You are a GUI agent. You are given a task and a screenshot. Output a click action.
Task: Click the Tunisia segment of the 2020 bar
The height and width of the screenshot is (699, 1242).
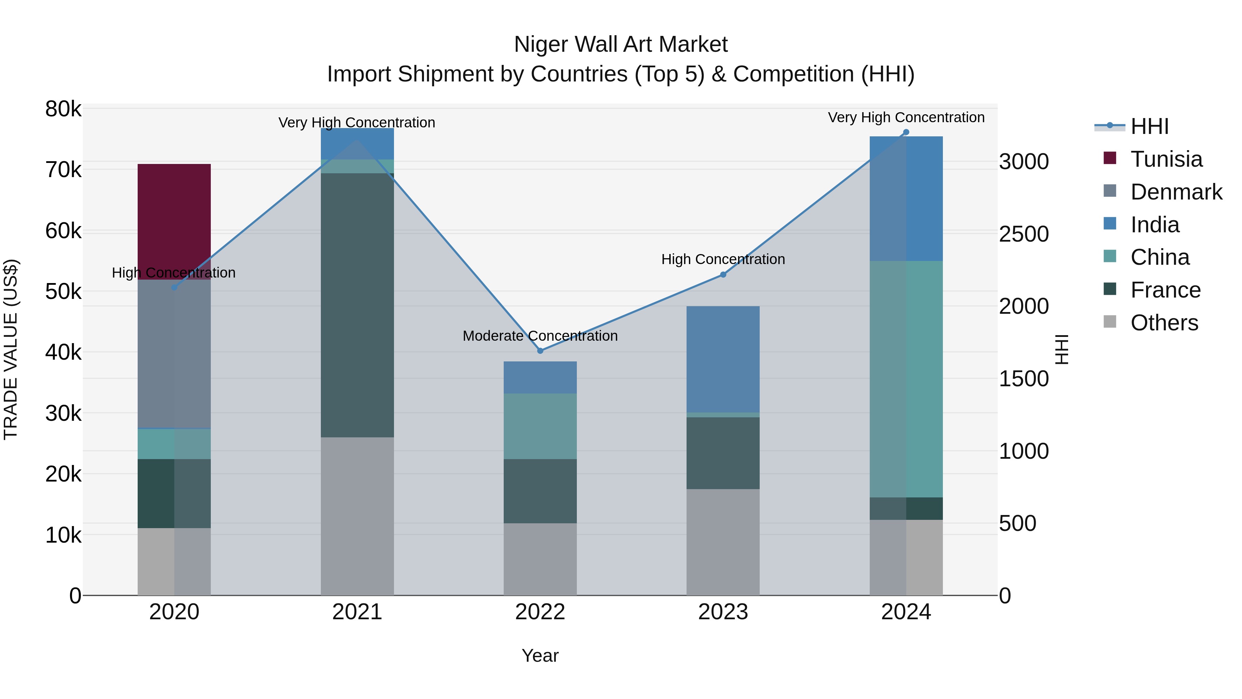174,221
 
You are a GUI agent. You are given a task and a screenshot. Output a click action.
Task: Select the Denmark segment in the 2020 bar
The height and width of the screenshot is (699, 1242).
174,353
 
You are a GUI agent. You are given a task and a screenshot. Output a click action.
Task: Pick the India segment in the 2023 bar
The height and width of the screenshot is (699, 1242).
723,359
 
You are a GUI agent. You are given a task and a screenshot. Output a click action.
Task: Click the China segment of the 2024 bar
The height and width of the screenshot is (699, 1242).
906,379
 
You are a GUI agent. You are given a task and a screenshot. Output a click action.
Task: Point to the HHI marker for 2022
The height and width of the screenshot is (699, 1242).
540,351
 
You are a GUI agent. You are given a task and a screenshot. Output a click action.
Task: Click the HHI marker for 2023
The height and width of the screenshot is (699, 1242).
723,274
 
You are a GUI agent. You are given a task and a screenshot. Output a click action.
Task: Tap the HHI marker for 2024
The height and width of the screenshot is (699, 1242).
906,132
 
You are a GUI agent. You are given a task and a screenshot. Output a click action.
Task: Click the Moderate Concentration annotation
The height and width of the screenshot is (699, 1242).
540,336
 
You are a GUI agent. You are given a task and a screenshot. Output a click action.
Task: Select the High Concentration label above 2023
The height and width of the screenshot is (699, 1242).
723,260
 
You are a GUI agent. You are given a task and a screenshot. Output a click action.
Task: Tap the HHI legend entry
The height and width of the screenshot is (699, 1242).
1150,126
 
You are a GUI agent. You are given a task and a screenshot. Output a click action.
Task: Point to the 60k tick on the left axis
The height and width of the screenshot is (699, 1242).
63,231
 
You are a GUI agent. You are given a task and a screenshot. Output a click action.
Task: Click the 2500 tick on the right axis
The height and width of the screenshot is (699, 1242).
1024,234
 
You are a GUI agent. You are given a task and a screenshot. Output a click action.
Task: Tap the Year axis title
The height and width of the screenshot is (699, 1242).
540,656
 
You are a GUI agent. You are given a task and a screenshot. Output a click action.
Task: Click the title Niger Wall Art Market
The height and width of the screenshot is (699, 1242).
621,45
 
